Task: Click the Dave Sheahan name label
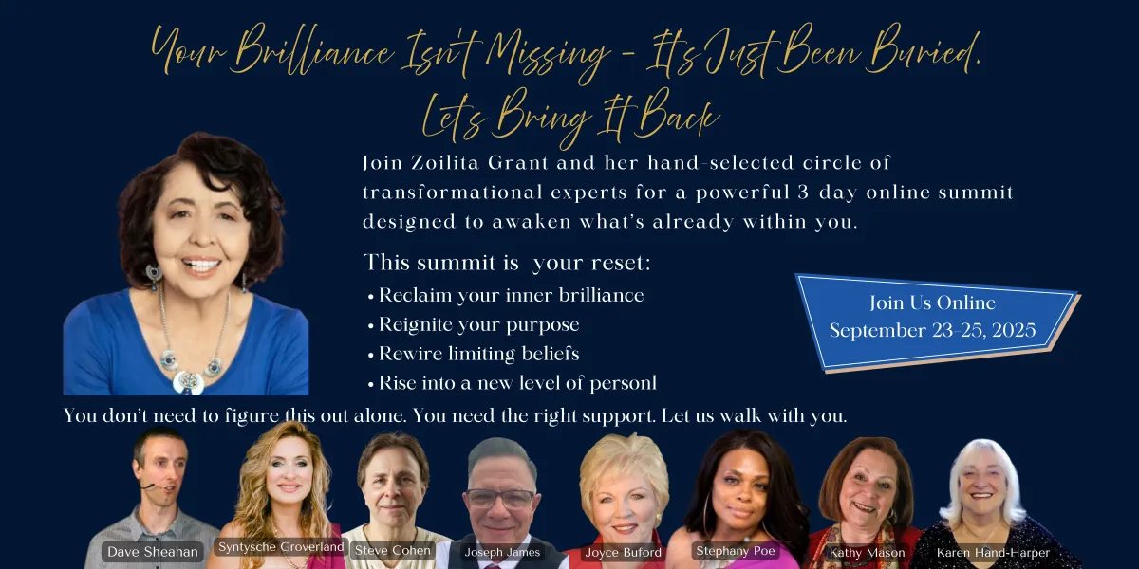153,552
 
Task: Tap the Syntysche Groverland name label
281,546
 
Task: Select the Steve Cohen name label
393,550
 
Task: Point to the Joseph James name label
502,552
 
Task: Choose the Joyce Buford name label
623,552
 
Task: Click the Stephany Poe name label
736,551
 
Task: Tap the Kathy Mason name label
867,552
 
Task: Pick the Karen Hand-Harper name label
993,552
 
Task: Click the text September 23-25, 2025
932,331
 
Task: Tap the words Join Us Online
932,303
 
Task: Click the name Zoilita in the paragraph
445,163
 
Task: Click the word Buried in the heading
922,51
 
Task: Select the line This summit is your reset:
507,264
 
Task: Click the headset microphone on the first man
147,486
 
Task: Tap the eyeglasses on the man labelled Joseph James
500,499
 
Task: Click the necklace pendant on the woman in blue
188,382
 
